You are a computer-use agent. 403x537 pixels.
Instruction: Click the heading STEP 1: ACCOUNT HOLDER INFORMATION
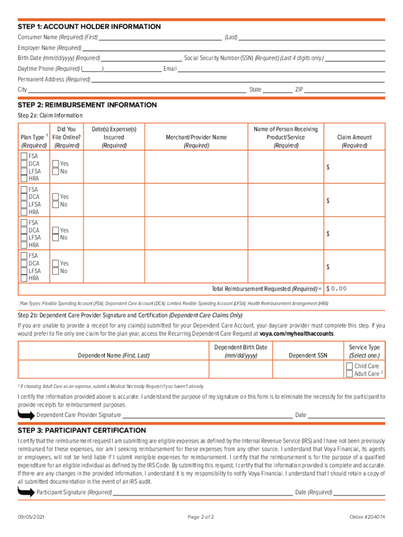tap(89, 27)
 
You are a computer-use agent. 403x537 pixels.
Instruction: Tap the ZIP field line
tap(344, 90)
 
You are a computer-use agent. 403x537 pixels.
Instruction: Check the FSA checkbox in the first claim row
tap(24, 156)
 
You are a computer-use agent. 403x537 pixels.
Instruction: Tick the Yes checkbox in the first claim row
tap(55, 164)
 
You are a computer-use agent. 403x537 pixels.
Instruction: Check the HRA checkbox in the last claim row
tap(24, 278)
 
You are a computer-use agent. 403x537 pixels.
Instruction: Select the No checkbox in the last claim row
tap(55, 271)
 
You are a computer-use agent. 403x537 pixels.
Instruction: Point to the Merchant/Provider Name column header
tap(196, 137)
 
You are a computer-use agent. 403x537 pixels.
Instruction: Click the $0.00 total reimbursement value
tap(337, 289)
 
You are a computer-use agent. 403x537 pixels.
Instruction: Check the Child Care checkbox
tap(349, 366)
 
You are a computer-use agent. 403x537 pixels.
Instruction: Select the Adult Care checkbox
tap(349, 374)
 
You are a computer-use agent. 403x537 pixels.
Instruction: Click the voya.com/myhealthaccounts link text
tap(297, 334)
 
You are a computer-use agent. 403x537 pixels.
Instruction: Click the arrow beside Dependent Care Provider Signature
tap(26, 415)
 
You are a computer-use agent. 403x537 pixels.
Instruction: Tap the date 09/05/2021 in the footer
tap(31, 517)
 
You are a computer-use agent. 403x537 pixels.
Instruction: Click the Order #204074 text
tap(367, 517)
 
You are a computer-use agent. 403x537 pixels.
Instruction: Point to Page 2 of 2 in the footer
tap(201, 517)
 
